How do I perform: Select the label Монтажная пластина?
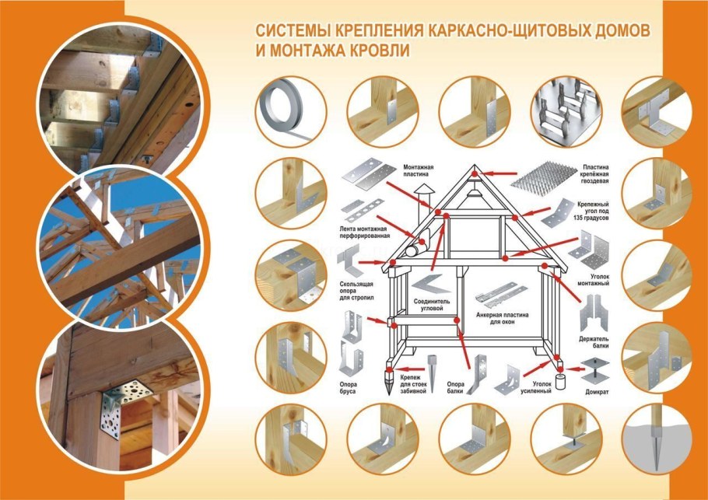418,171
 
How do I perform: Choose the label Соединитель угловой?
433,304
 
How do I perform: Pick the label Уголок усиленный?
536,387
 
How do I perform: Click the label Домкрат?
598,393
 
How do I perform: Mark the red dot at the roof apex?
477,169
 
